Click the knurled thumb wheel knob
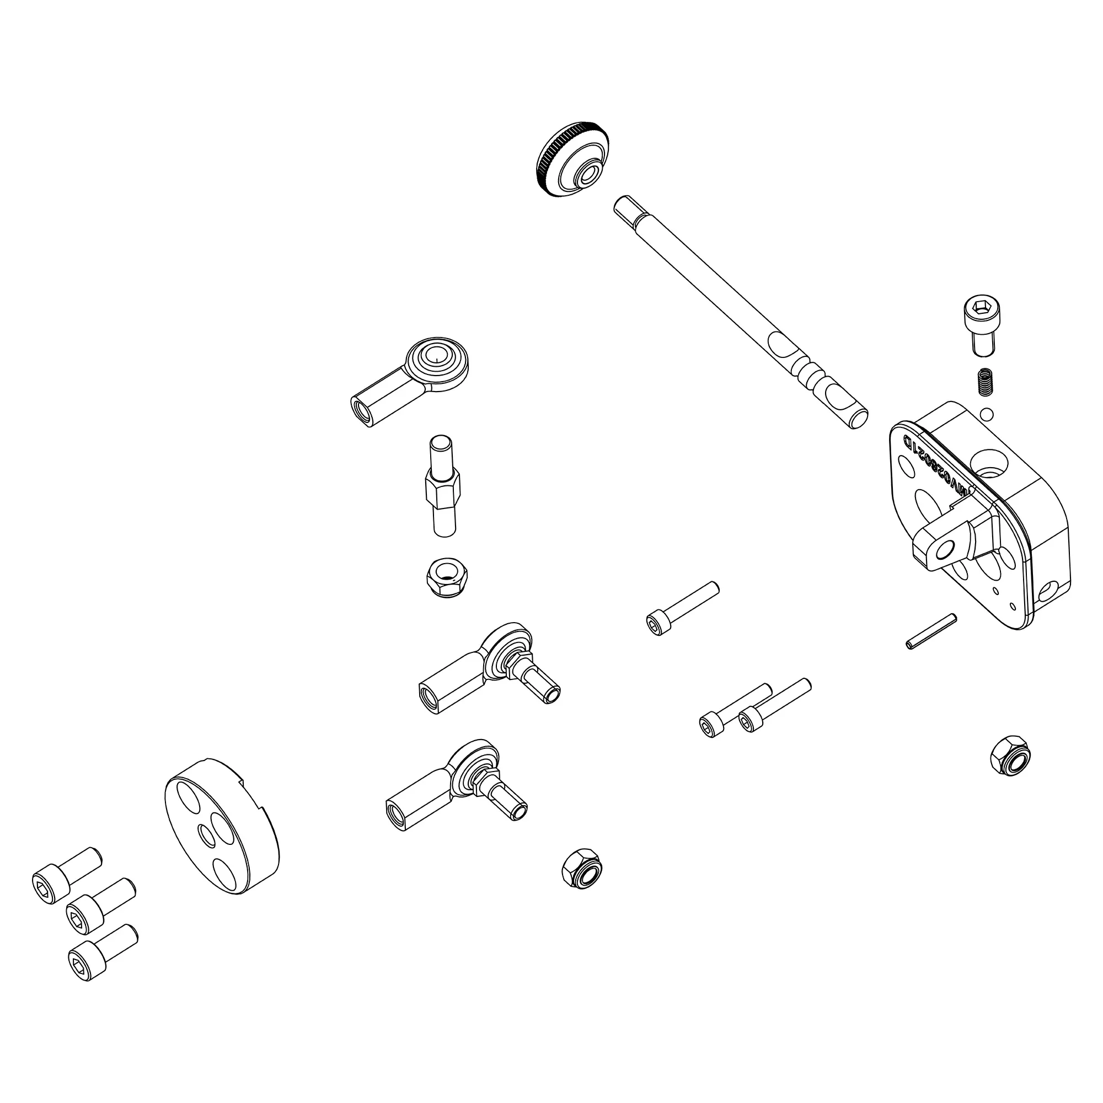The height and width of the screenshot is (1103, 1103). [x=572, y=160]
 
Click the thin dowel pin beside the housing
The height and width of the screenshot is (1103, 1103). [x=930, y=631]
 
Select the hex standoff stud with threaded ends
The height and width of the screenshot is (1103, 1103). [x=443, y=486]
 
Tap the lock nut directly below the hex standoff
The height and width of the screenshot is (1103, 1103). [x=447, y=578]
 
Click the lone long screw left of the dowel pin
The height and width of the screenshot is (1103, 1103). [x=682, y=609]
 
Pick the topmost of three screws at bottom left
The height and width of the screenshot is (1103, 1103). [x=66, y=875]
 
